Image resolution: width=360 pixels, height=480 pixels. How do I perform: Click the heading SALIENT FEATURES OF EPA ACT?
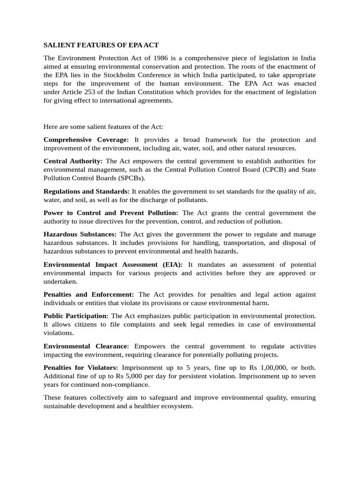tap(101, 45)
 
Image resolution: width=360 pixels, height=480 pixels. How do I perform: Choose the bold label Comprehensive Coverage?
tap(86, 140)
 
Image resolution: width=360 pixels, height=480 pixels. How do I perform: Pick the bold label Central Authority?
tap(73, 161)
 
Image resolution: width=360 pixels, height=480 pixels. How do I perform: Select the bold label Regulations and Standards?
tap(87, 191)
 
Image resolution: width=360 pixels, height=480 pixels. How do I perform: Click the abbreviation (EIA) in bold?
tap(171, 264)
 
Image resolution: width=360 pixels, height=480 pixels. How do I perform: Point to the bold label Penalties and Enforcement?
tap(89, 294)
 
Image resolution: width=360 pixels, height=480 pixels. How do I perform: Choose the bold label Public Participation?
tap(76, 316)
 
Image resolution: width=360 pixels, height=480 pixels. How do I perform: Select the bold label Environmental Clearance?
tap(85, 346)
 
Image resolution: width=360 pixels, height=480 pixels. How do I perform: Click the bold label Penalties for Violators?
tap(81, 367)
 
